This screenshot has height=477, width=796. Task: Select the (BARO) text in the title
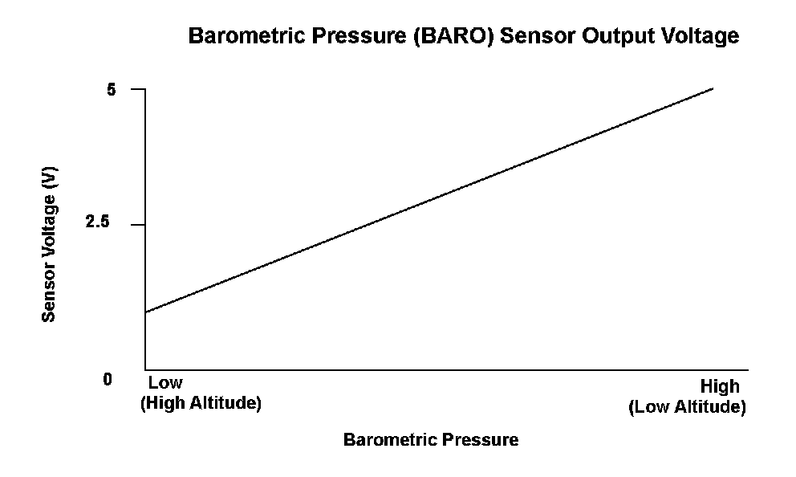453,36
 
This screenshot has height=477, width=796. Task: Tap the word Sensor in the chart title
538,35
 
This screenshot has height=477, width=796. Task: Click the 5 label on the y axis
112,90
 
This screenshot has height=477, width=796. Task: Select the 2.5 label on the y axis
97,222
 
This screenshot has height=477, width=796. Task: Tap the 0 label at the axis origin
107,380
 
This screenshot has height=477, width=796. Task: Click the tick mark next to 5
138,89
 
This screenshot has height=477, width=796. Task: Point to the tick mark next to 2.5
138,224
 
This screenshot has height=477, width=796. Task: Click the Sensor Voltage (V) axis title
49,244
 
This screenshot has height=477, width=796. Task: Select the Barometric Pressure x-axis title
431,439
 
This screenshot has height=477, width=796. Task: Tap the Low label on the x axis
165,382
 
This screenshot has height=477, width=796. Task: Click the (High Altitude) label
201,403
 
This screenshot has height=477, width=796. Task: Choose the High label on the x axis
720,386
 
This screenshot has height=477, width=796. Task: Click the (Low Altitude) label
688,407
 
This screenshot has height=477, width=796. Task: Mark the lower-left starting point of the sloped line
146,312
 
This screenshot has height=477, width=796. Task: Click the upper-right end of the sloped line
713,88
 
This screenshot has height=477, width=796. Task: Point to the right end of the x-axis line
748,370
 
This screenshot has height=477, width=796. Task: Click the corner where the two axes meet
146,370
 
